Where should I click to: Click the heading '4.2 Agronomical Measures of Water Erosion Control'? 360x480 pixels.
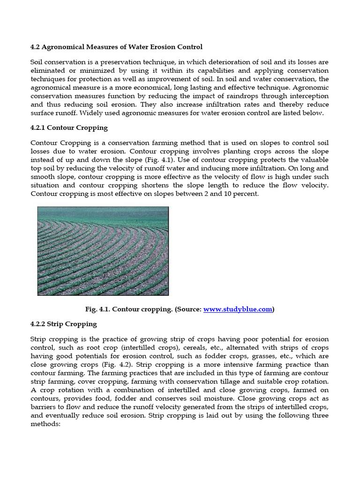[116, 46]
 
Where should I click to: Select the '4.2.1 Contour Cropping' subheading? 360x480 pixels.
[69, 127]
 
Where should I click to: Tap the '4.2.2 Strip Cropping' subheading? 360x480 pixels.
[63, 324]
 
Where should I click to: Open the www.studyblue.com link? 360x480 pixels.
[238, 309]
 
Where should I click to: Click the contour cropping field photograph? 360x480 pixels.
[103, 251]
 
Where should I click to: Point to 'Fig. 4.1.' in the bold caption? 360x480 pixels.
[97, 309]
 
